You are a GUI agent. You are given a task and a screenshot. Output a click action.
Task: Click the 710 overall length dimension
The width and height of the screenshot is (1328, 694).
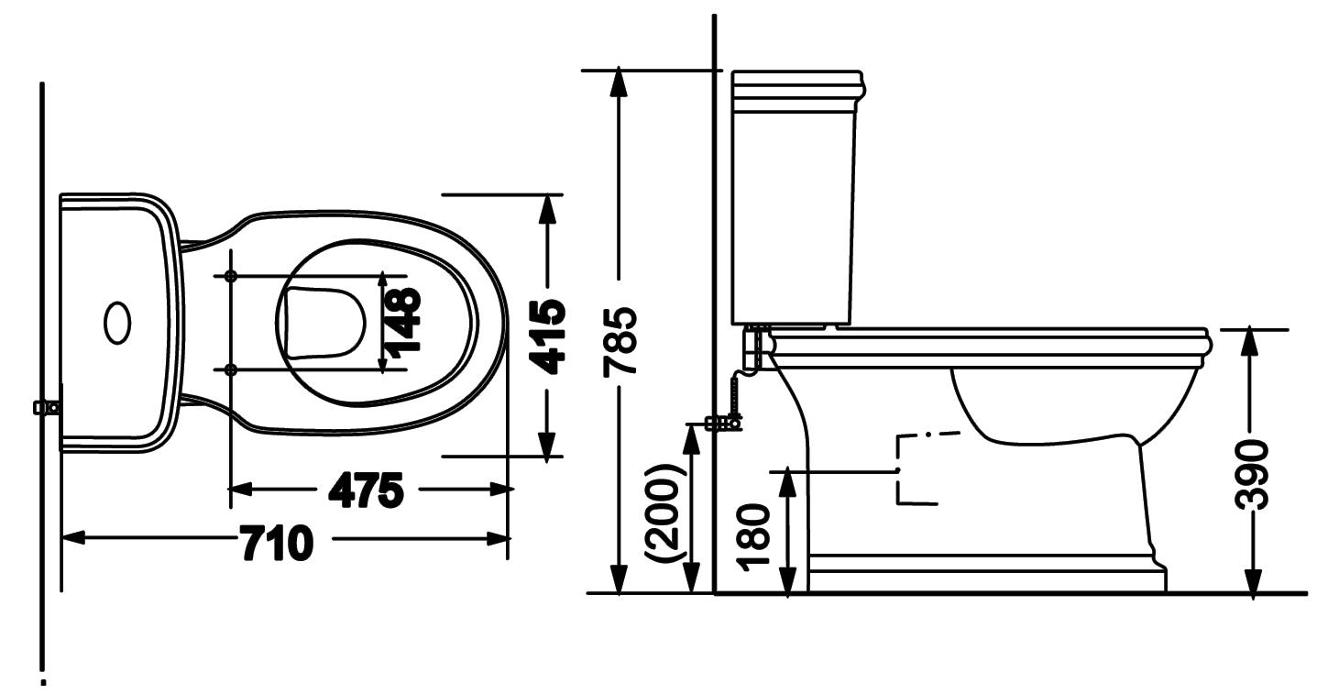[x=278, y=542]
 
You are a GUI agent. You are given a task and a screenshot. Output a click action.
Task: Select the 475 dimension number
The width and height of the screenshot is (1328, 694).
[x=367, y=490]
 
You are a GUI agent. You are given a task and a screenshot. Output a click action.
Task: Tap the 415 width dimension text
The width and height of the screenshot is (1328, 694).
[x=547, y=337]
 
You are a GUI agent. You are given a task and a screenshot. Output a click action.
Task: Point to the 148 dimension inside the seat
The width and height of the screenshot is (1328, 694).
[x=403, y=323]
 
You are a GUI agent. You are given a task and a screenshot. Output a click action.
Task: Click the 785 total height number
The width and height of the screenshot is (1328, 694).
[x=620, y=342]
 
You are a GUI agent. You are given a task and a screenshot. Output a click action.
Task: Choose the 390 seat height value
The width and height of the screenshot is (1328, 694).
[x=1252, y=475]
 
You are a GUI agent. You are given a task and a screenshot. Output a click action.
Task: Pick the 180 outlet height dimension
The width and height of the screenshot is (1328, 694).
[x=753, y=537]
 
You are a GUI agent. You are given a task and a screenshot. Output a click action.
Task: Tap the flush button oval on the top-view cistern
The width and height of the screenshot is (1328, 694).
[x=118, y=322]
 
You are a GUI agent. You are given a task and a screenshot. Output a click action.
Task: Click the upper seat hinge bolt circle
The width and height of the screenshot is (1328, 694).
[x=231, y=276]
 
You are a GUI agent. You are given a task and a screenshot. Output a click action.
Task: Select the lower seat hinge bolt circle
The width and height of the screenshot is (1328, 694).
[x=231, y=370]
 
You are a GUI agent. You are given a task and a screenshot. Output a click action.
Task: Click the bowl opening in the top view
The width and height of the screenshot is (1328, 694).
[x=324, y=324]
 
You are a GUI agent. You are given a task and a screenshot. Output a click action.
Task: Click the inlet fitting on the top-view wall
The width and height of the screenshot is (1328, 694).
[x=48, y=407]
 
